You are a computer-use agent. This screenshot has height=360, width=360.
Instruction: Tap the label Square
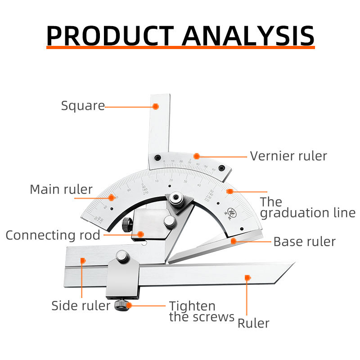tap(83, 106)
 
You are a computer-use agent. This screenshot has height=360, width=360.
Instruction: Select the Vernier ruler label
tap(288, 156)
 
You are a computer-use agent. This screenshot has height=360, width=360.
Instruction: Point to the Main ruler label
tap(61, 189)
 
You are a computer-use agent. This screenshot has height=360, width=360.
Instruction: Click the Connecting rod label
tap(53, 235)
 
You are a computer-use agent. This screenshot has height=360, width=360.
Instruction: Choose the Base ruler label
tap(304, 242)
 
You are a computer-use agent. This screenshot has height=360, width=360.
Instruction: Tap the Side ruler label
tap(81, 306)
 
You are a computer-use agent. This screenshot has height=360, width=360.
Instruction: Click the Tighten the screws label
tap(202, 311)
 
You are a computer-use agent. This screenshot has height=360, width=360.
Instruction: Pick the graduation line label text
tap(307, 207)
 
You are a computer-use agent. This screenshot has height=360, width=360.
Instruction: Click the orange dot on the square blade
tap(155, 107)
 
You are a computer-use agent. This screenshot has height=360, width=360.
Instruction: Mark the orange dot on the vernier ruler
tap(197, 156)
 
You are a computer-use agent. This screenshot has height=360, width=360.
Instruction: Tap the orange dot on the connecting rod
tap(141, 234)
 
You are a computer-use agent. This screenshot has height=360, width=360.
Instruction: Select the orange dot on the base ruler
tap(234, 241)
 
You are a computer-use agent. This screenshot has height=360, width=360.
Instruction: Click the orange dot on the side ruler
tap(82, 260)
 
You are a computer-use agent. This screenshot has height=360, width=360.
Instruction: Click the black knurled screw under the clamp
tap(122, 306)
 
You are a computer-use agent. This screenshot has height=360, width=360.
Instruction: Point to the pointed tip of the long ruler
tap(292, 264)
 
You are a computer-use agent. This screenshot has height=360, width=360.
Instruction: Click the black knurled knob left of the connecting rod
tap(126, 224)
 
